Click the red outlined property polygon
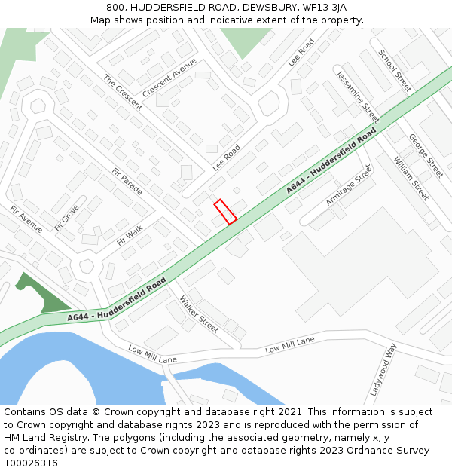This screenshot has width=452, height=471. (225, 212)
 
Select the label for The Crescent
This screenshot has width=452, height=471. (123, 93)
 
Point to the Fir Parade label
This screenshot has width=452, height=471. (127, 181)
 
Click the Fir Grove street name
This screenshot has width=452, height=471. (66, 218)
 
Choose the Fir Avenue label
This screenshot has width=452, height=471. (26, 219)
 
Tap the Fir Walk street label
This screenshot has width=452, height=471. (130, 234)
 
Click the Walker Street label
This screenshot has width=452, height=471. (198, 314)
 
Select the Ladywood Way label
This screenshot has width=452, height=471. (383, 370)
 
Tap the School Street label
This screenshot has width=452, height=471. (395, 71)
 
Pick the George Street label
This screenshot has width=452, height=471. (426, 156)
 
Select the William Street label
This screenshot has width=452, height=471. (411, 179)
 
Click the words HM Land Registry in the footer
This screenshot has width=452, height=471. (44, 437)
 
